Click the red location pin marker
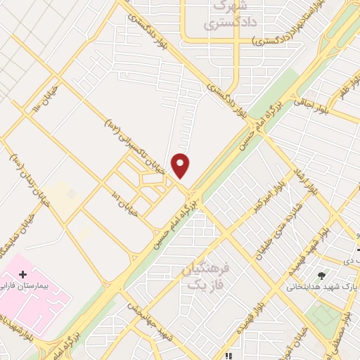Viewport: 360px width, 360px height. (x=181, y=166)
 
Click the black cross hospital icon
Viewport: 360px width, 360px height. (x=22, y=273)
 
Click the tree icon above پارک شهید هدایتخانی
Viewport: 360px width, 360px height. (x=322, y=275)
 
